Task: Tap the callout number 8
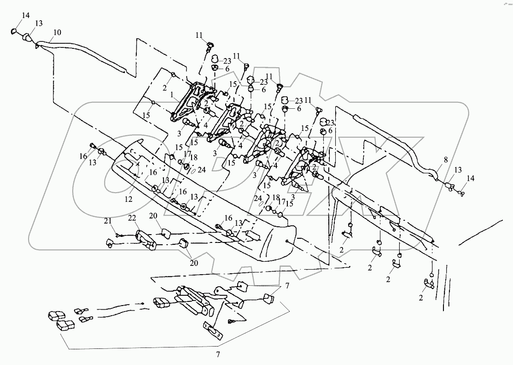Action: coord(446,160)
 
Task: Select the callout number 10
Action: coord(57,32)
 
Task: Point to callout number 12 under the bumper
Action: coord(128,199)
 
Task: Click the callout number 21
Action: coord(108,221)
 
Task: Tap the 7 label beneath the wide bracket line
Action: coord(218,354)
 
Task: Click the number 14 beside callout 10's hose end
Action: coord(26,15)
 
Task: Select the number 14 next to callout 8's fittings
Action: coord(471,178)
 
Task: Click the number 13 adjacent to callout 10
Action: coord(39,23)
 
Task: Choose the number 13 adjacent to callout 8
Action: coord(458,170)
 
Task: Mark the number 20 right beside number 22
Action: coord(153,216)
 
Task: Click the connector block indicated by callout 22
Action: coord(146,241)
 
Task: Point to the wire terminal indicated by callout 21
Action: coord(118,235)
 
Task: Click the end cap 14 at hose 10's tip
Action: coord(14,31)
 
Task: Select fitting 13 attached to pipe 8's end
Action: coord(449,187)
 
